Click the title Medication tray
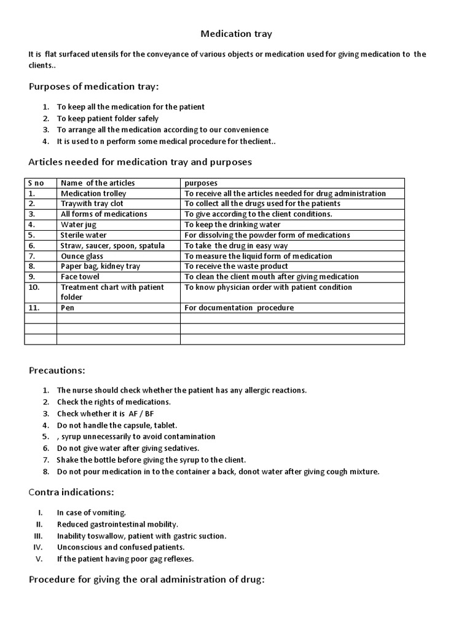237,34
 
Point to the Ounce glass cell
82,256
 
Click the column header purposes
200,183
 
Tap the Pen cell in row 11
68,308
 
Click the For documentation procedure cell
239,308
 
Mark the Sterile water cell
84,235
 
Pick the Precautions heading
57,370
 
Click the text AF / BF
141,413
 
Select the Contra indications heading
71,492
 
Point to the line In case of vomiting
92,512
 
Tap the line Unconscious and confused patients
120,547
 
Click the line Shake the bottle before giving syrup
151,460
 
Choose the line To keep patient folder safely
108,118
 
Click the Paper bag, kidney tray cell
100,266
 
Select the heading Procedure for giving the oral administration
147,580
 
